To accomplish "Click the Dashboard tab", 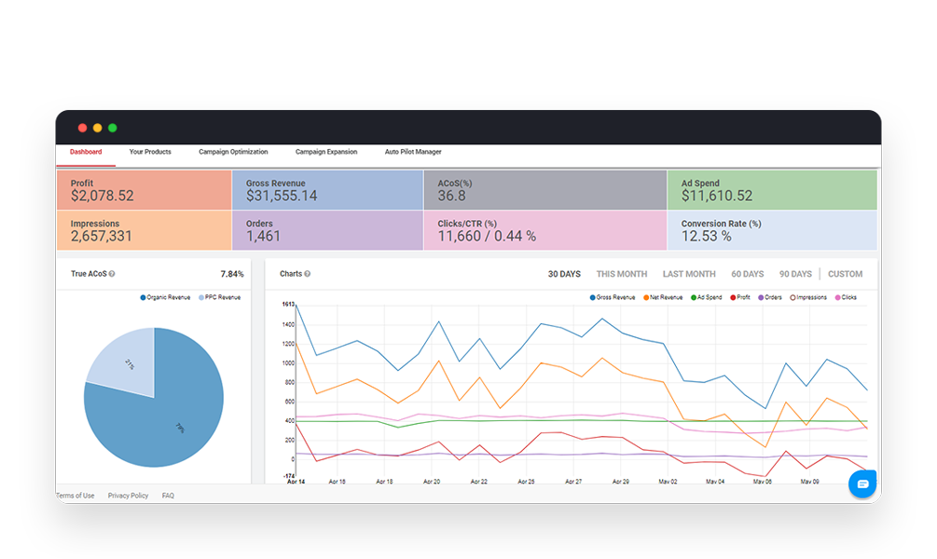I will click(86, 152).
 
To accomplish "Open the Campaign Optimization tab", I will click(233, 152).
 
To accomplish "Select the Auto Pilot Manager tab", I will click(413, 152).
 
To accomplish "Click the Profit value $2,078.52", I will click(103, 197).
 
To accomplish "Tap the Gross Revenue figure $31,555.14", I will click(282, 197).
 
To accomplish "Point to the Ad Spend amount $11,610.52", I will click(717, 197).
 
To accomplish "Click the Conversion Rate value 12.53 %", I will click(707, 237).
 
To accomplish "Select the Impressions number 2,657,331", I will click(102, 237).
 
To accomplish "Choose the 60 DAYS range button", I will click(747, 274).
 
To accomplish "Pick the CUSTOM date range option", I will click(845, 274).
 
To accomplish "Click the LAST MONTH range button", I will click(689, 274).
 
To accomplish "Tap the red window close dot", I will click(82, 128).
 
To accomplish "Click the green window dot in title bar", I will click(112, 128).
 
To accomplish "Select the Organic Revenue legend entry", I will click(166, 297).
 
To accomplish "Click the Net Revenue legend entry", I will click(663, 297).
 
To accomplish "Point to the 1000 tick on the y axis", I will click(286, 363).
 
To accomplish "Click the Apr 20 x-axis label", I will click(432, 482).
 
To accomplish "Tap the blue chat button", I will click(862, 484).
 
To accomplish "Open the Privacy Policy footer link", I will click(128, 496).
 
